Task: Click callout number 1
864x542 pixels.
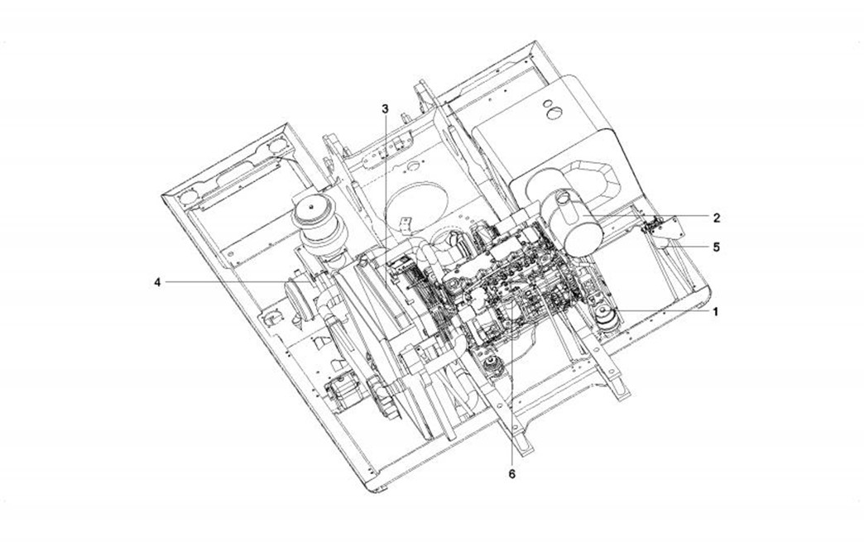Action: click(x=716, y=312)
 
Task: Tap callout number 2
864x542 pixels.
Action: click(x=717, y=218)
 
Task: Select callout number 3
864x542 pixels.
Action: click(x=385, y=108)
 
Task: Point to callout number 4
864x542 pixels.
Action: click(x=157, y=282)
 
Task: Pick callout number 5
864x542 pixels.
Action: click(x=717, y=247)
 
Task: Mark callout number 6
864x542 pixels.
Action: click(x=511, y=474)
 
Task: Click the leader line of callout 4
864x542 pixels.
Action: click(x=232, y=282)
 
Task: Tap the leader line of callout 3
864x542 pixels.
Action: click(x=385, y=182)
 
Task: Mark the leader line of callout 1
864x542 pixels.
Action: click(x=662, y=312)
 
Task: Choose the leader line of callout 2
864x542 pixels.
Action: click(x=654, y=218)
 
